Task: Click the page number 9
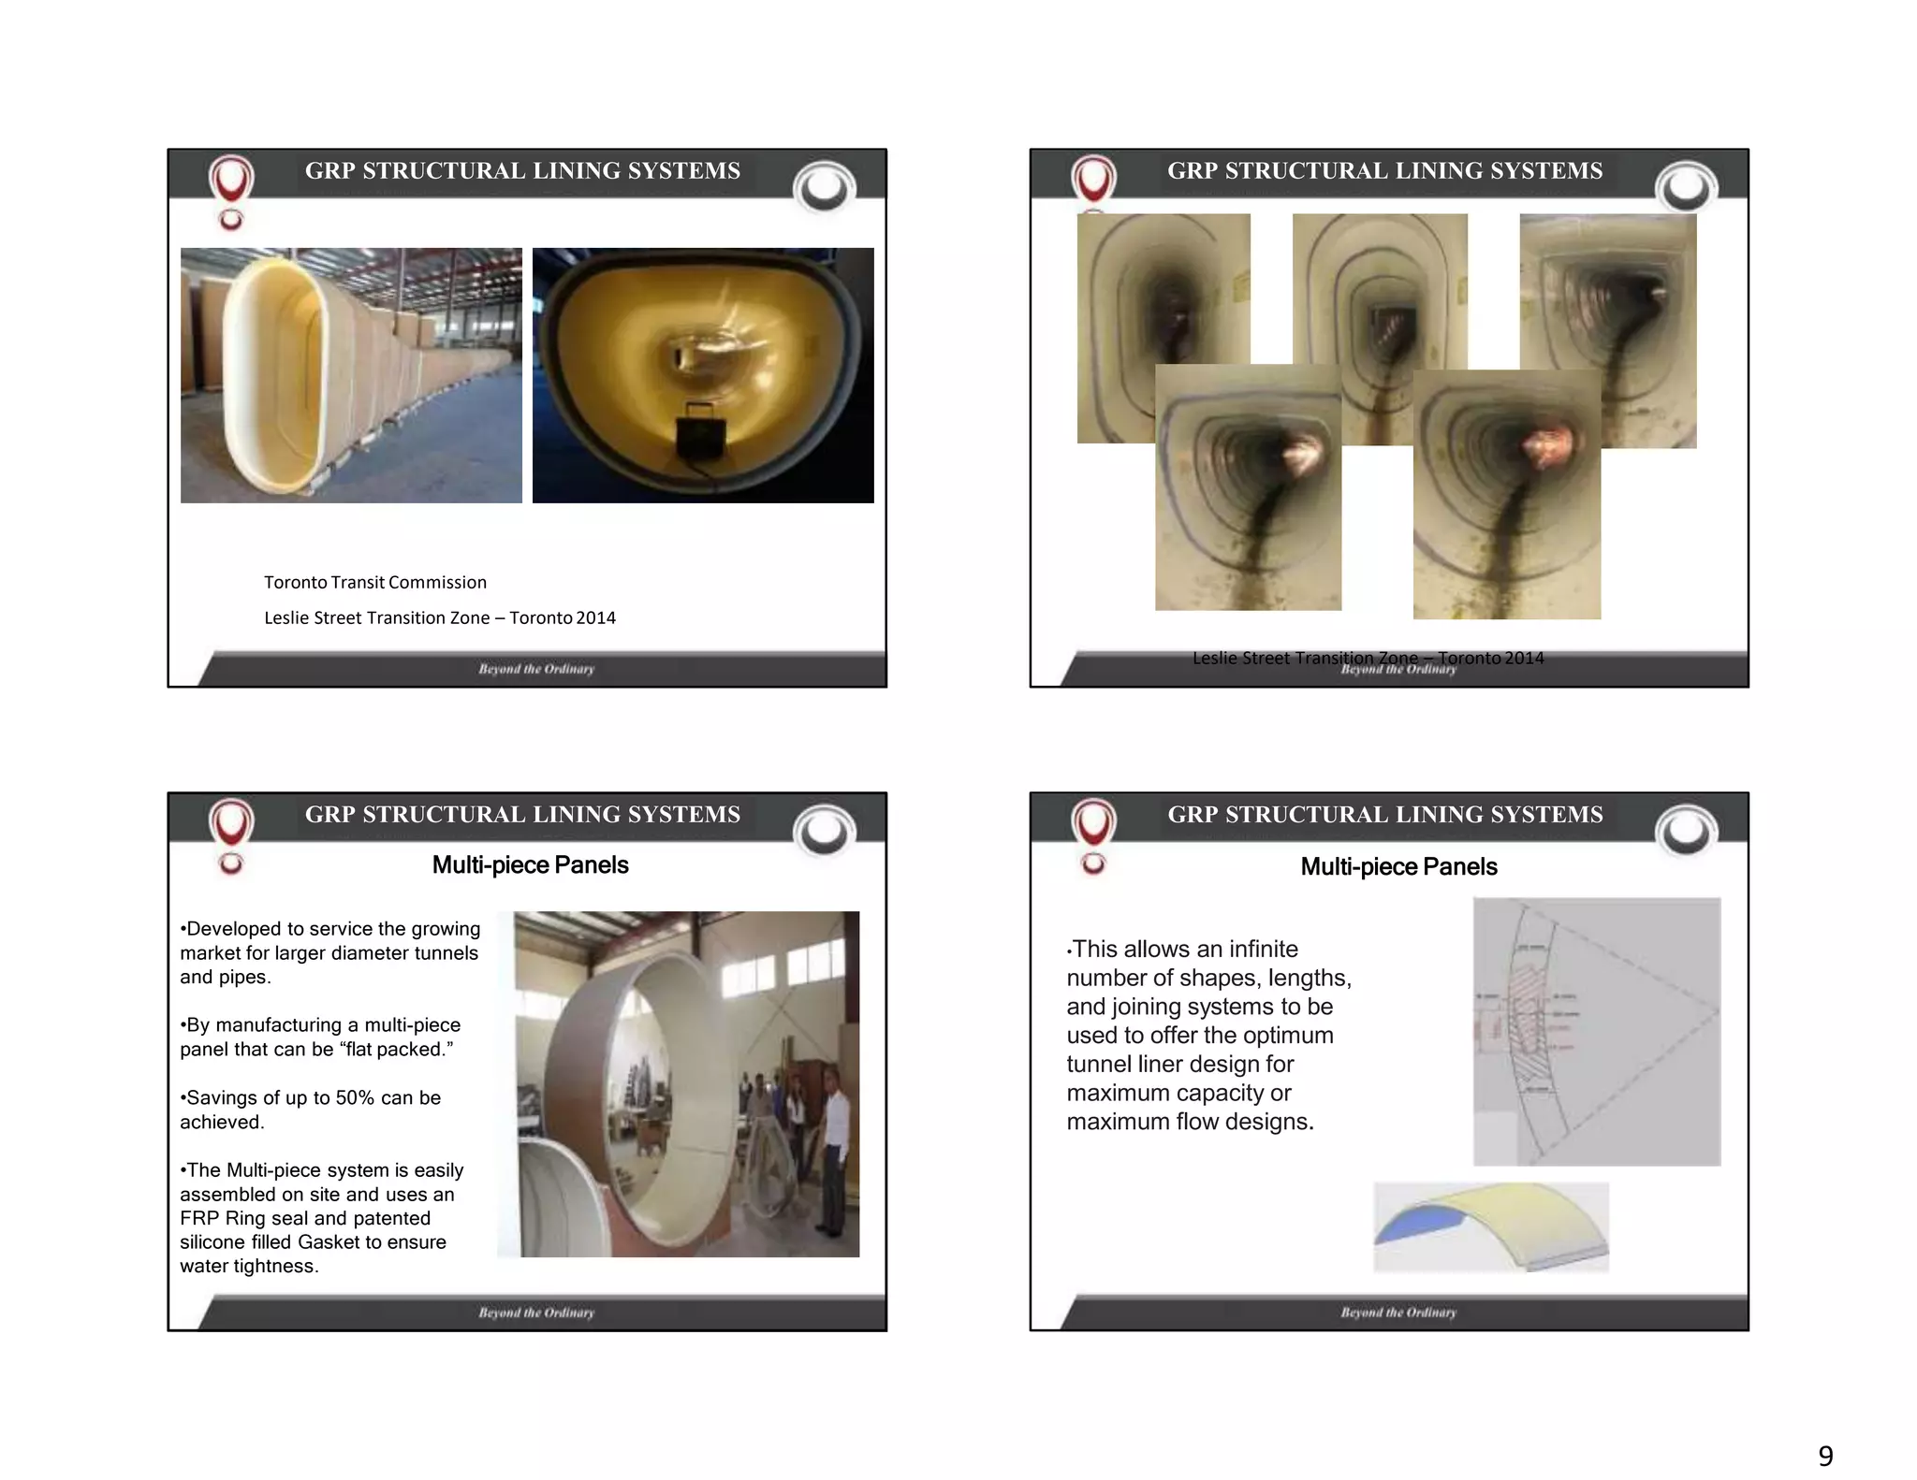[1825, 1456]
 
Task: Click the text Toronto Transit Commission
[374, 582]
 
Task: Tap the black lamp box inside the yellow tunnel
[698, 430]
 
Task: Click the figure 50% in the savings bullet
[355, 1097]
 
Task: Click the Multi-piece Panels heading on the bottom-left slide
[530, 864]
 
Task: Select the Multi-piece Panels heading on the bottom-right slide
[1398, 866]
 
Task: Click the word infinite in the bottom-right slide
[1263, 949]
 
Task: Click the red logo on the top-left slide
[231, 181]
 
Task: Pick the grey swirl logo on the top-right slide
[1686, 188]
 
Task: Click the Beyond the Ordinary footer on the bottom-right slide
[1398, 1313]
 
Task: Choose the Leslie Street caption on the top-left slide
[439, 617]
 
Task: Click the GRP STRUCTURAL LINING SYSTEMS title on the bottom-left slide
[522, 814]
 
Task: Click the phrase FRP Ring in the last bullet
[222, 1218]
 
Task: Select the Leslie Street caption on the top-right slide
[1368, 658]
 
